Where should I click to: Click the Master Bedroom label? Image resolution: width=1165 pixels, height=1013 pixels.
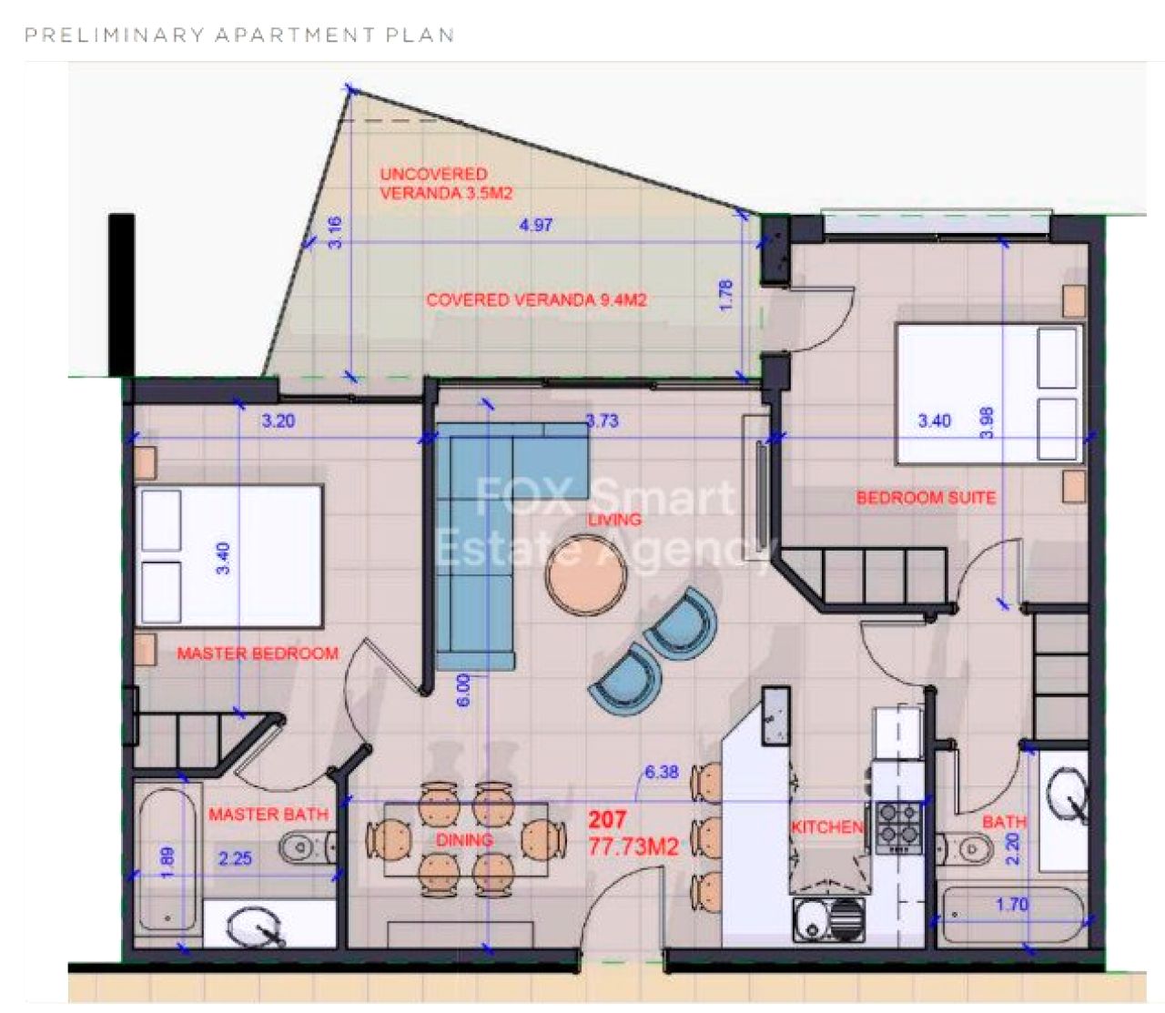[x=258, y=653]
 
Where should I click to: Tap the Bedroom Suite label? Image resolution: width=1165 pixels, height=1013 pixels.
[x=926, y=498]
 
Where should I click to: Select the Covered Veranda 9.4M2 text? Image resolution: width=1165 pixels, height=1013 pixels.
[x=536, y=300]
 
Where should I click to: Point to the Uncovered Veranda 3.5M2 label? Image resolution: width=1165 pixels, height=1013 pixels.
[x=446, y=183]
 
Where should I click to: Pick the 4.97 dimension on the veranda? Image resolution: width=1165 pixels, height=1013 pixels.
[x=536, y=225]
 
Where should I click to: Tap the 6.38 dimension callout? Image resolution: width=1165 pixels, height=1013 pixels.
[x=662, y=772]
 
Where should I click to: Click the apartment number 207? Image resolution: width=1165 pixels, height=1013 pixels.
[x=607, y=819]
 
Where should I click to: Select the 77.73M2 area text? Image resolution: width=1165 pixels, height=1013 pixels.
[x=633, y=846]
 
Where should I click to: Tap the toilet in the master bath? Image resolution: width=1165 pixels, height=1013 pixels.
[x=308, y=848]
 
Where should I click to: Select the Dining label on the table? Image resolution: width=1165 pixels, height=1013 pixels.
[x=464, y=840]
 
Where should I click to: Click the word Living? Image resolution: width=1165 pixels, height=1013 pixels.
[x=614, y=520]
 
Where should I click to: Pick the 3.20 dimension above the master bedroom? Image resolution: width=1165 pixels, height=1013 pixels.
[x=279, y=420]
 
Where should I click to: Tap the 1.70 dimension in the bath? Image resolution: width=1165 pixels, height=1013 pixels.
[x=1012, y=904]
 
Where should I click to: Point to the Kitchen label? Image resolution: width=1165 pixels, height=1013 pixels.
[x=827, y=826]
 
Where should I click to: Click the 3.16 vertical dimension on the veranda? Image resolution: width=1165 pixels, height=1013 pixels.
[x=335, y=232]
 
